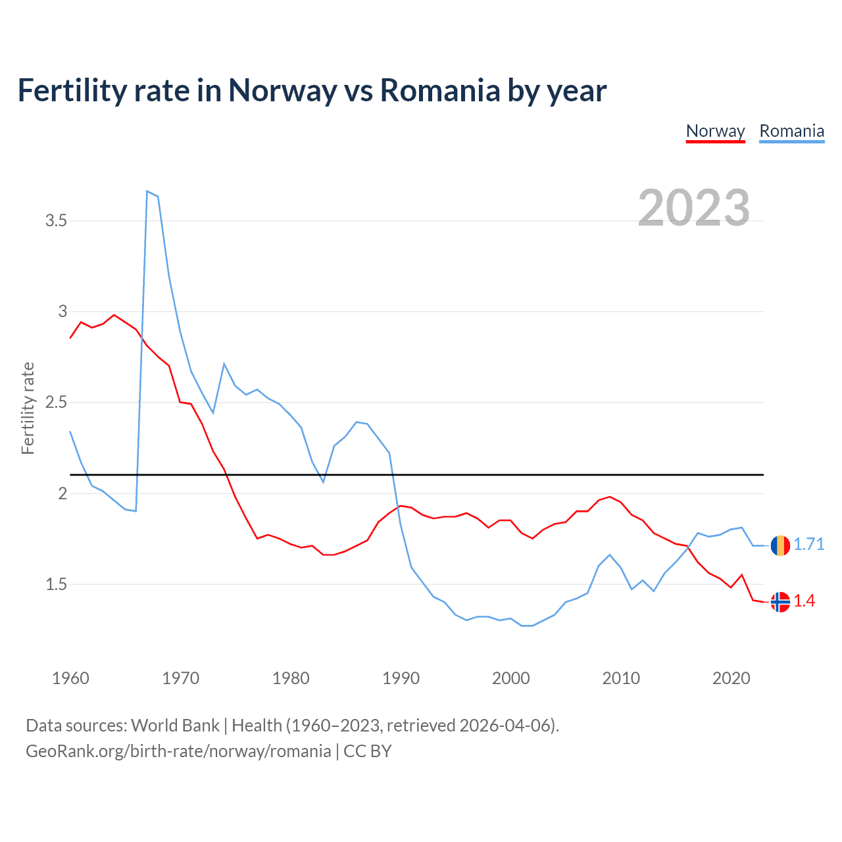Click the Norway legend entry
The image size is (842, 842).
[715, 131]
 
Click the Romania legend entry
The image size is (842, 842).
[791, 131]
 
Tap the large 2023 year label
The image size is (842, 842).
[693, 208]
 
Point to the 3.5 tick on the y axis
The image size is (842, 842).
[57, 221]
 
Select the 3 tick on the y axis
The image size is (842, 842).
[63, 312]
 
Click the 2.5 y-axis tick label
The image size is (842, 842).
[57, 403]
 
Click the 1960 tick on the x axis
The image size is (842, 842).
[70, 678]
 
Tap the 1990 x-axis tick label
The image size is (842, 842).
[401, 678]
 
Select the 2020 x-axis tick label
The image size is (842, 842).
[731, 678]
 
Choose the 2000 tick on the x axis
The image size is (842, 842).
[510, 678]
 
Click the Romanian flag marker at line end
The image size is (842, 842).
[780, 545]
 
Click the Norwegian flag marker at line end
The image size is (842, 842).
[780, 602]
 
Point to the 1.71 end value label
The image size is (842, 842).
[808, 545]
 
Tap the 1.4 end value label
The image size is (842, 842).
[804, 601]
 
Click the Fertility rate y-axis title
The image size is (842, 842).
[28, 408]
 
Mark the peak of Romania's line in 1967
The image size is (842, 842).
[147, 191]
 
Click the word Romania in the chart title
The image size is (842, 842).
[440, 90]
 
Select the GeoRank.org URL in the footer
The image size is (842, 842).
[178, 751]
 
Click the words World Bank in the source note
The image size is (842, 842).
[175, 726]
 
